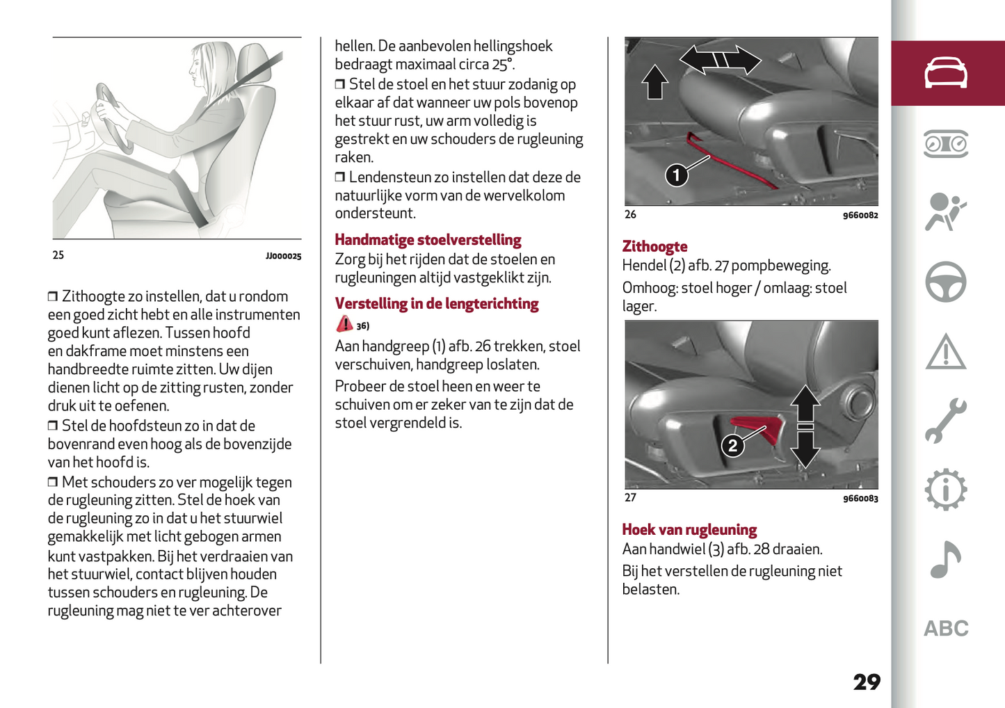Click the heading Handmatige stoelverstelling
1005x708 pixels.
(x=428, y=240)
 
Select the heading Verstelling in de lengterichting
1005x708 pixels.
(x=437, y=304)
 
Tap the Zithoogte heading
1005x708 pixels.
(x=654, y=246)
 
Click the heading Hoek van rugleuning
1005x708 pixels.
(x=689, y=529)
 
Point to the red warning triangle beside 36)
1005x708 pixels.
(x=344, y=324)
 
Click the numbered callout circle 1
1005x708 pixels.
(x=677, y=175)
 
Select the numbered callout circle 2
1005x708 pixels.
(x=732, y=445)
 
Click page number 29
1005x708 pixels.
(x=867, y=682)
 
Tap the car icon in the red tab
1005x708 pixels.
(x=945, y=73)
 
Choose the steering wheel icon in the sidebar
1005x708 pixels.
(x=945, y=282)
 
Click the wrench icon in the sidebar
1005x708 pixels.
(x=945, y=421)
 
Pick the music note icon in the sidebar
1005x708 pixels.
(x=945, y=559)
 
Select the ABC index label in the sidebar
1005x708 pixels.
(x=945, y=629)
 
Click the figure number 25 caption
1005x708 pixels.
(x=58, y=255)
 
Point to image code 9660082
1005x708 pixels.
(x=860, y=216)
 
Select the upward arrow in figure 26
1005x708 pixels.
(x=654, y=81)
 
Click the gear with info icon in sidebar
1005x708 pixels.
(x=945, y=490)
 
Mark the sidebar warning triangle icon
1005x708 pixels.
(x=945, y=352)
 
